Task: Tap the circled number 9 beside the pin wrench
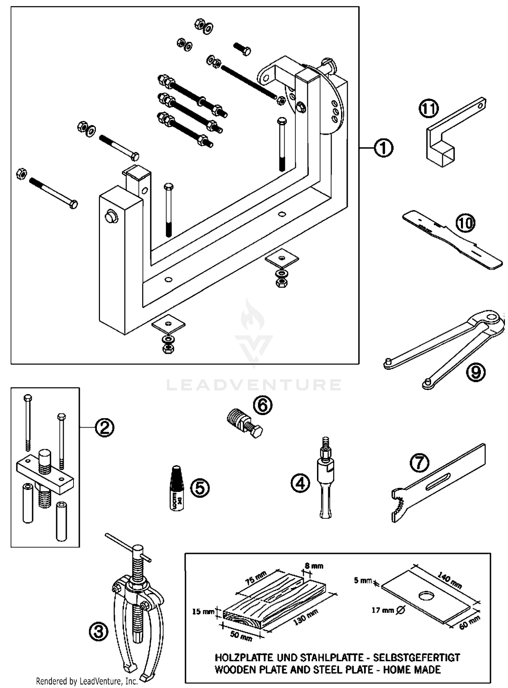click(475, 372)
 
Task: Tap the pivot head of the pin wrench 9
click(491, 320)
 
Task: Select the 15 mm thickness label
click(203, 611)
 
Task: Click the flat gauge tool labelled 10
click(450, 241)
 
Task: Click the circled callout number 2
click(104, 428)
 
